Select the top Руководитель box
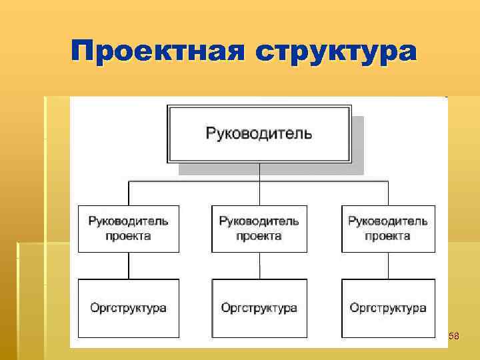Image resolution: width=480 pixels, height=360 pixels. pos(259,133)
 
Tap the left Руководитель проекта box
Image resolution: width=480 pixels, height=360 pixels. pos(129,229)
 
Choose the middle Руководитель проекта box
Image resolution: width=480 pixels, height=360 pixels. pos(259,229)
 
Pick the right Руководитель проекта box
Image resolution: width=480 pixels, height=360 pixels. pos(388,229)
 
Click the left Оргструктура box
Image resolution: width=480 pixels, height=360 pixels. pos(129,308)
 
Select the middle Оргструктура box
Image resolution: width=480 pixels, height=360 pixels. pos(259,308)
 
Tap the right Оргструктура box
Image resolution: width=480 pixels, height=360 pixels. pos(388,308)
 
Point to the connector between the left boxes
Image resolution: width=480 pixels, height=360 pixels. pos(129,265)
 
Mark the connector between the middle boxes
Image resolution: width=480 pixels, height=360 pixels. pos(259,265)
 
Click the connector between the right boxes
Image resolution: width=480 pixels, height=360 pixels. pos(388,265)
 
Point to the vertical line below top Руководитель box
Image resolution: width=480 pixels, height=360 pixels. pos(259,172)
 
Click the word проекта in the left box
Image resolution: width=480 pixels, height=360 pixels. pos(129,236)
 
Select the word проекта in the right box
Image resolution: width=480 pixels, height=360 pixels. pos(388,236)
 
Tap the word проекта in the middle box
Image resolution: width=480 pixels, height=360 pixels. pos(259,236)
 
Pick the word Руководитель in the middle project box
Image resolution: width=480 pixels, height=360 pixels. pos(259,221)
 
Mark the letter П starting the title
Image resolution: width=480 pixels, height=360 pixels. pos(83,52)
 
